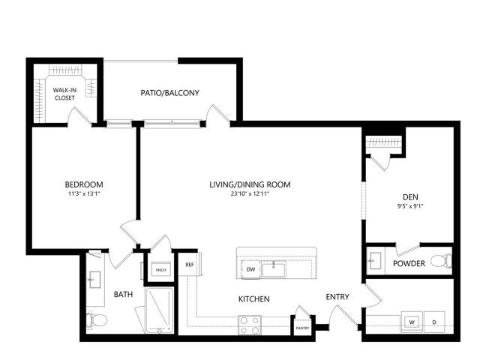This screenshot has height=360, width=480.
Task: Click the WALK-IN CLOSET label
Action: pos(64,94)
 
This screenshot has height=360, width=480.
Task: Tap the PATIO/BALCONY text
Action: pos(170,93)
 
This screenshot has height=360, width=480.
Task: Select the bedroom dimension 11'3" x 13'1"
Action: pos(84,193)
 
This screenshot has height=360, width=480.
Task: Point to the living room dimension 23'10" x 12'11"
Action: pos(250,193)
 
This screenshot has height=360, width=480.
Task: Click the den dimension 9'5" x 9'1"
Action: pos(410,206)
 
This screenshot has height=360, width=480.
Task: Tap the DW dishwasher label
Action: pos(250,269)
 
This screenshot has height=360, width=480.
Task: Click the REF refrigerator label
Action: pos(190,265)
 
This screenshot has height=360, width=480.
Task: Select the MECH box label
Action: pos(161,270)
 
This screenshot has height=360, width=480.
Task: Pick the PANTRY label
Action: pos(303,328)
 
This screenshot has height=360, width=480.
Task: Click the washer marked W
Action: pos(412,322)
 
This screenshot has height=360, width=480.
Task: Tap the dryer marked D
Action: pos(434,322)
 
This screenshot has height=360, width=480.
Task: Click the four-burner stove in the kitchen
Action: pos(250,325)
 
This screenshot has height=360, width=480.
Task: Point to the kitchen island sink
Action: pos(274,269)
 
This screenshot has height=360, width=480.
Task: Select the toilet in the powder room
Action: pos(441,261)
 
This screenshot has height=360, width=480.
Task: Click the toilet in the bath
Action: pos(96,320)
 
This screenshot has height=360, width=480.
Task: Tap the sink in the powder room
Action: pos(375,260)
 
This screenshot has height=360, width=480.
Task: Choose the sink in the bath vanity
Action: pos(94,280)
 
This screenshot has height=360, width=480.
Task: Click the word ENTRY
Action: pos(337,297)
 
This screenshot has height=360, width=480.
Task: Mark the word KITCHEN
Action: pos(254,299)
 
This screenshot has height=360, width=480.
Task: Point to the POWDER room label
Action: pos(409,263)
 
